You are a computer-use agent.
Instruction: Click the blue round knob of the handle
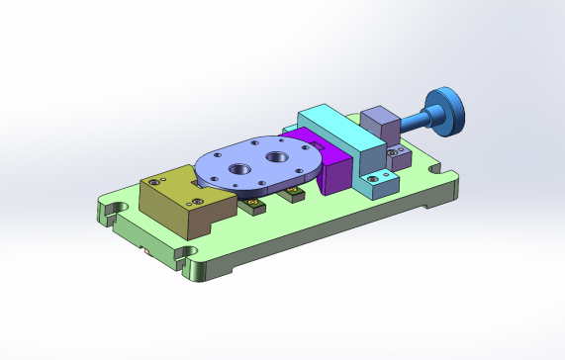pos(447,107)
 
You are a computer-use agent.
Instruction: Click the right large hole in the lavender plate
pos(278,156)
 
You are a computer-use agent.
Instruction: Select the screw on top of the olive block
pos(157,182)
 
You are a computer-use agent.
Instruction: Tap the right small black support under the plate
pos(294,191)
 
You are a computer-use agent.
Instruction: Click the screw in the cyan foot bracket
pos(373,177)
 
